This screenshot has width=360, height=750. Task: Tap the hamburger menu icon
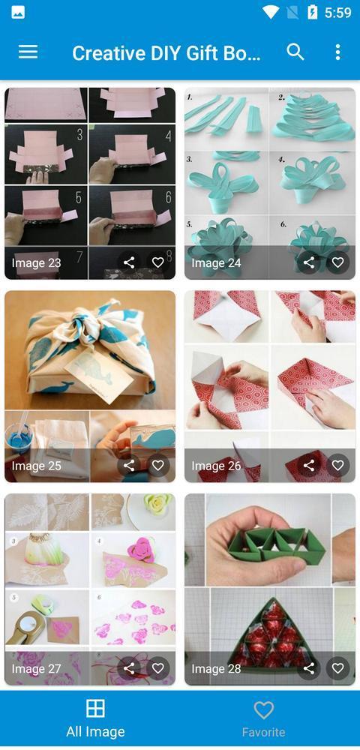(28, 52)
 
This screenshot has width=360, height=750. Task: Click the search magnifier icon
(295, 52)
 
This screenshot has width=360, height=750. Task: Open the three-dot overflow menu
(337, 52)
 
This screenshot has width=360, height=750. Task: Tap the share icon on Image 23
(129, 262)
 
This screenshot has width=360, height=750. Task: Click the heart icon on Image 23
(157, 262)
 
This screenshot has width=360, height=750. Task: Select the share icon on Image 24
(309, 262)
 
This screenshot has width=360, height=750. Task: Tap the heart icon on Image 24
(337, 262)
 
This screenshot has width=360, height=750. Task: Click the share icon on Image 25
(129, 466)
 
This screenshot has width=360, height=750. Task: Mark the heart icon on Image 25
(157, 466)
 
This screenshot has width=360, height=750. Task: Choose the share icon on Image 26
(309, 466)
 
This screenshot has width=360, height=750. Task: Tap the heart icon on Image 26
(337, 466)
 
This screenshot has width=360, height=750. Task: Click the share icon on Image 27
(129, 668)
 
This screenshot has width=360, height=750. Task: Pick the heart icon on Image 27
(157, 668)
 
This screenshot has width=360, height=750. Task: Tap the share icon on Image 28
(309, 668)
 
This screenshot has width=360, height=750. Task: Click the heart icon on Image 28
(337, 668)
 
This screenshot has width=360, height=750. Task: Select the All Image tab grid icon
(95, 709)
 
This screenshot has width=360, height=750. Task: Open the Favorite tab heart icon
(263, 709)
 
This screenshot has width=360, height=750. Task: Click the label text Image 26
(216, 466)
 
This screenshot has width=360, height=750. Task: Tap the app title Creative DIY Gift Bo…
(166, 52)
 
